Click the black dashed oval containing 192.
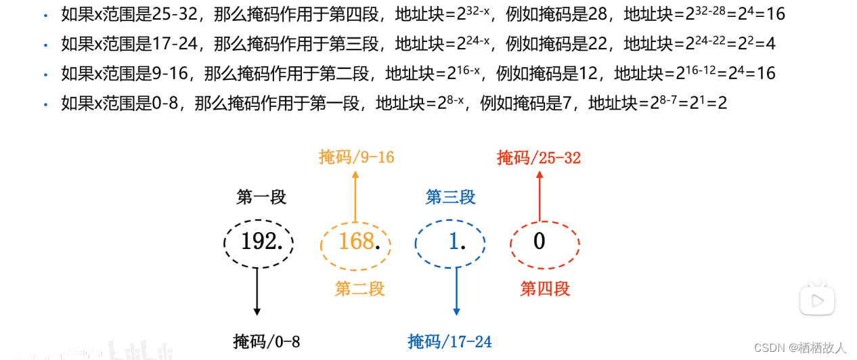point(259,242)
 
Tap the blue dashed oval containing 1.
point(450,242)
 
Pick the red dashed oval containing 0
point(544,242)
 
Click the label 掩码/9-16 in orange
point(356,158)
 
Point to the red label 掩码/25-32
point(539,158)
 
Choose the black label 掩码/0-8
point(266,341)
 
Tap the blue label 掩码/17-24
point(449,341)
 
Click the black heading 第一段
point(261,197)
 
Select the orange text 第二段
point(359,289)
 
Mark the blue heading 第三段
point(450,197)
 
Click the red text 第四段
point(545,289)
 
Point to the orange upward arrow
point(355,196)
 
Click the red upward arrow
point(540,196)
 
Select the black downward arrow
point(257,289)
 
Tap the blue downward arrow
point(457,289)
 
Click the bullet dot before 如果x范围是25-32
point(46,14)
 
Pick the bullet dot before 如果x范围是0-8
point(46,104)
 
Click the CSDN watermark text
point(799,348)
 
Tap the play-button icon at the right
point(816,298)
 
